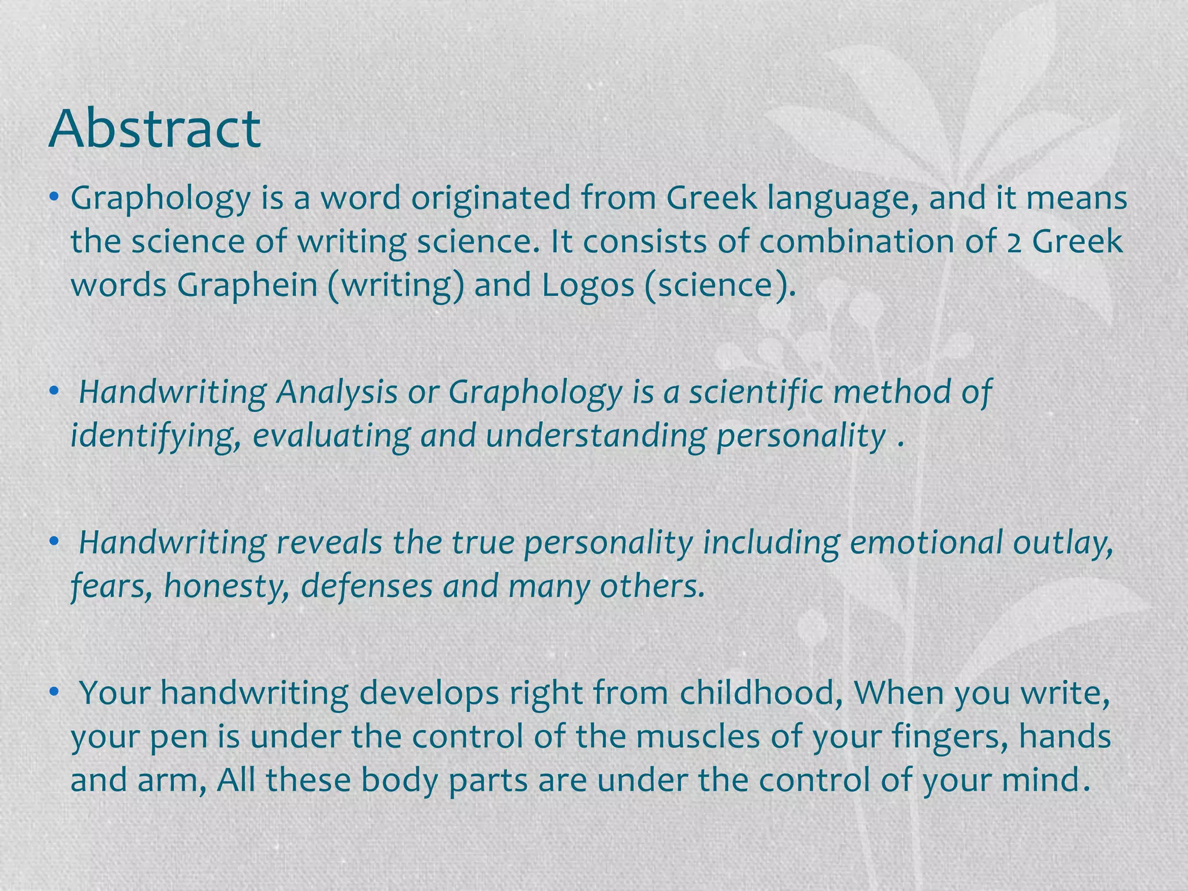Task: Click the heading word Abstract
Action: click(x=155, y=128)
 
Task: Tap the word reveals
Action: click(x=329, y=542)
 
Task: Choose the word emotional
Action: click(x=926, y=542)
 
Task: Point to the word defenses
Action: click(x=367, y=586)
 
